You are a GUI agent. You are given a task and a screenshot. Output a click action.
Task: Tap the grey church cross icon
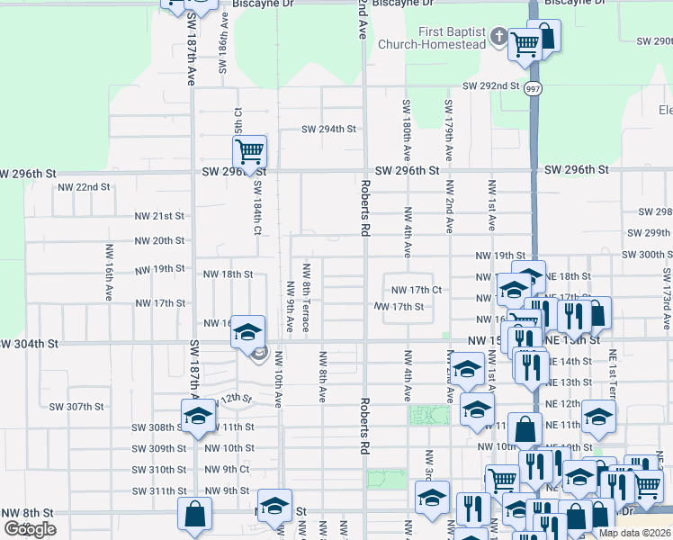click(500, 37)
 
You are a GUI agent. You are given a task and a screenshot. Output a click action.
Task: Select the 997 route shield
click(534, 87)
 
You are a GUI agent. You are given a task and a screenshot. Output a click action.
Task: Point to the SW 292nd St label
click(491, 86)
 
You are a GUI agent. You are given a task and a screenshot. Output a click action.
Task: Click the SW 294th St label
click(329, 129)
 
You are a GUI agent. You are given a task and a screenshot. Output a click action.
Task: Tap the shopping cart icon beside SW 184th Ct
click(249, 150)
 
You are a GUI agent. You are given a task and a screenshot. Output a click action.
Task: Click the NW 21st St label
click(159, 216)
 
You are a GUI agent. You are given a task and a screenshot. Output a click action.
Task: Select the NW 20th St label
click(159, 240)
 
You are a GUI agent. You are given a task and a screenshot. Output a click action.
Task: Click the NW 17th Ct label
click(417, 290)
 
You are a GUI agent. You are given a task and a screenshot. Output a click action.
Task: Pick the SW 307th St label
click(76, 406)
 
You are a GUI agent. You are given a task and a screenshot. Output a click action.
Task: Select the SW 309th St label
click(157, 448)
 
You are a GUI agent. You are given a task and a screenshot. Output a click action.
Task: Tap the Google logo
click(30, 528)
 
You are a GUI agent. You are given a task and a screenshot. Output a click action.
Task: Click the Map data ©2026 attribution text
click(634, 533)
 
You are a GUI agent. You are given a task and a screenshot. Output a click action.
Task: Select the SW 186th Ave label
click(224, 43)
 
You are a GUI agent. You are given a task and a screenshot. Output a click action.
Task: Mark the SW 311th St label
click(157, 490)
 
